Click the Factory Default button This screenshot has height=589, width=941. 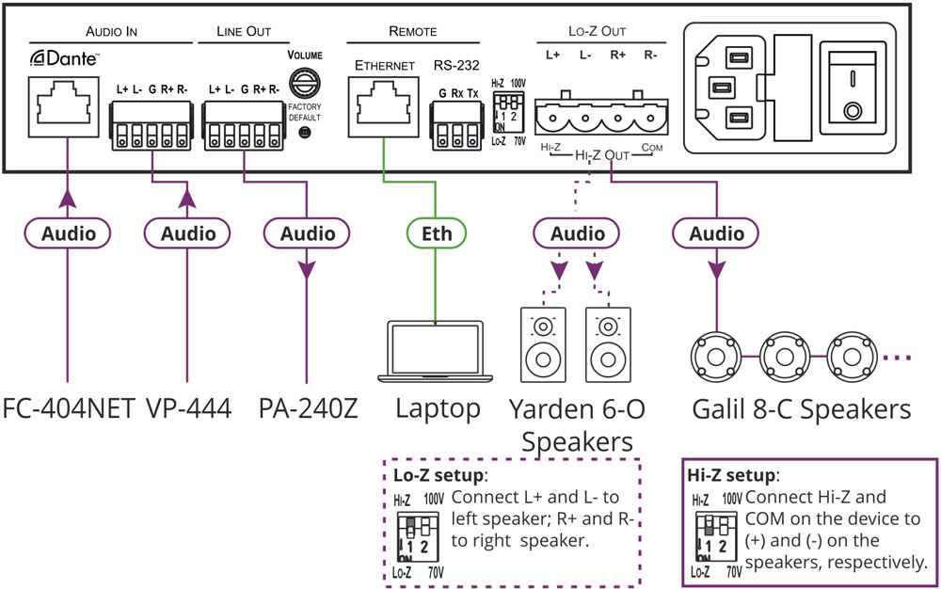304,134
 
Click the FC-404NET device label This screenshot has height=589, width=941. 68,409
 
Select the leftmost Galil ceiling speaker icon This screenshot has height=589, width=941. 719,357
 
